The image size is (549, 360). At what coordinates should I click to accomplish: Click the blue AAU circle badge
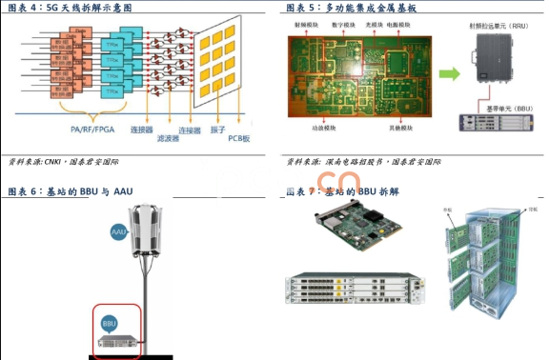pyautogui.click(x=119, y=230)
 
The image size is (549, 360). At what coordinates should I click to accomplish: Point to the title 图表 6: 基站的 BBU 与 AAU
pyautogui.click(x=70, y=191)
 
